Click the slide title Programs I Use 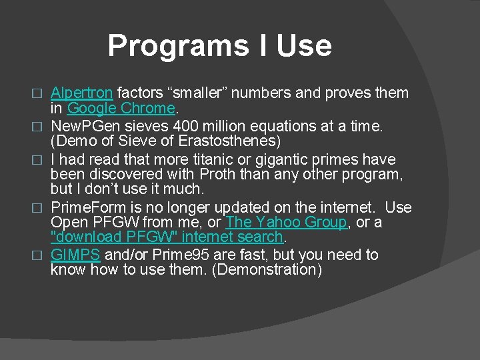tap(219, 45)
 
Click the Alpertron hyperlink tap(81, 93)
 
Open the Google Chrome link tap(121, 108)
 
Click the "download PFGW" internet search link tap(167, 237)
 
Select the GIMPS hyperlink tap(75, 255)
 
